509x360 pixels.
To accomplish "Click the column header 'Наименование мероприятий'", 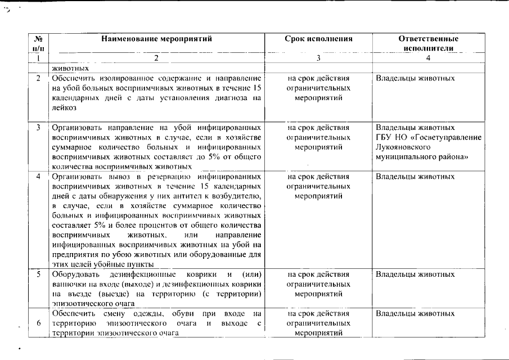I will (156, 39).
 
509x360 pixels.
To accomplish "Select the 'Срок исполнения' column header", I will (318, 39).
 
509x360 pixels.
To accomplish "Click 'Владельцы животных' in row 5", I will (415, 274).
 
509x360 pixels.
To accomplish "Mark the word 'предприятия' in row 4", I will (71, 255).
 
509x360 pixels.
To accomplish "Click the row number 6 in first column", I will (38, 323).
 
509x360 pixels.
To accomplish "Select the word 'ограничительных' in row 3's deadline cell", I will (318, 137).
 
